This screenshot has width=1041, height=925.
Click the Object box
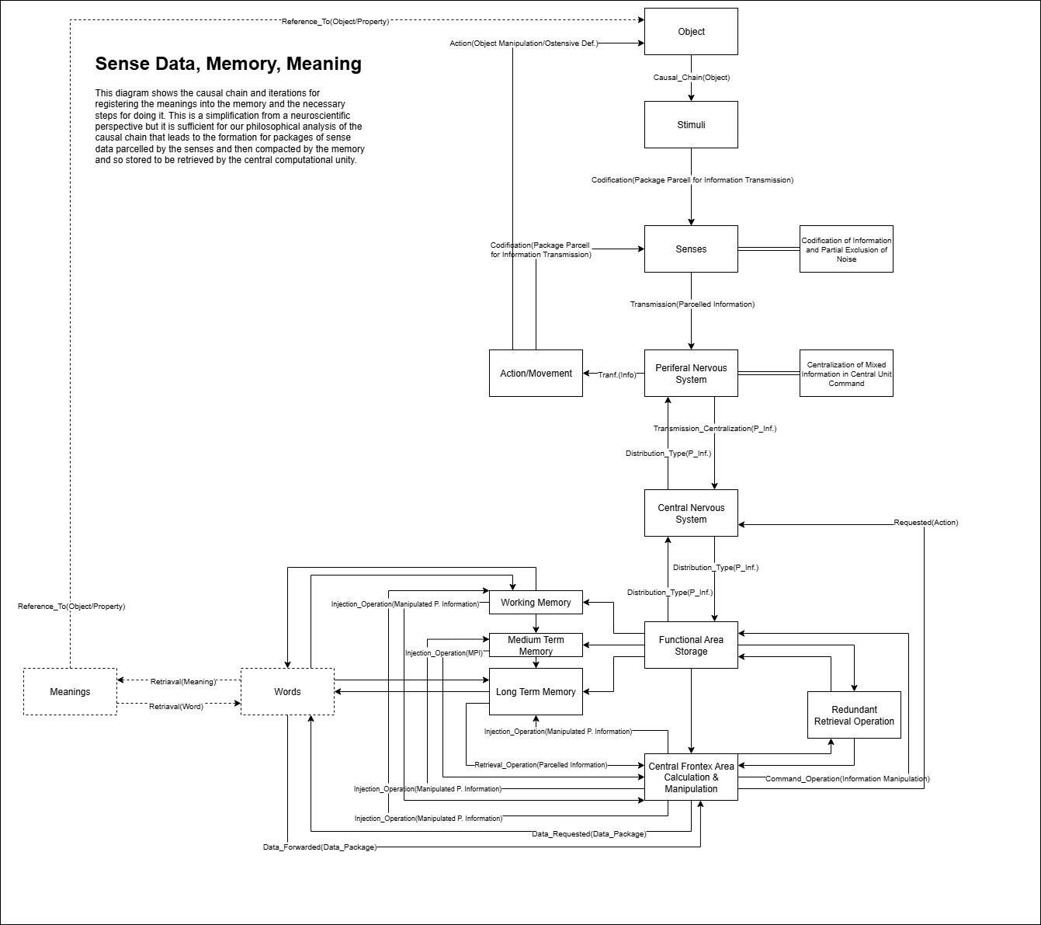click(x=691, y=32)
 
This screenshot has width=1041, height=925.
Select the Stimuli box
click(x=691, y=125)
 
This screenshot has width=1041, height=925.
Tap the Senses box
click(x=691, y=249)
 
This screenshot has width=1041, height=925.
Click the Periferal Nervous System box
click(x=691, y=374)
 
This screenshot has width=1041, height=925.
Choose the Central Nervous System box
click(x=691, y=513)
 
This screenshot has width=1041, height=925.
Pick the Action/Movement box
click(x=536, y=374)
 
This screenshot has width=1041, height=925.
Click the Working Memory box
click(x=536, y=603)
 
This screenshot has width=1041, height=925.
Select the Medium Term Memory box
click(x=536, y=645)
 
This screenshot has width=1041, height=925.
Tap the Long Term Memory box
click(x=536, y=692)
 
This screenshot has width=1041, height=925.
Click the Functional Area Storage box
click(x=691, y=645)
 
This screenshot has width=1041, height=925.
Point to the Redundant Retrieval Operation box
click(x=854, y=715)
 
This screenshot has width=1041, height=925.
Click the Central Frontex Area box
click(x=691, y=777)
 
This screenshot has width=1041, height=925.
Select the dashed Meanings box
click(x=70, y=692)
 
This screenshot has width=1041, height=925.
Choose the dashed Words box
click(x=287, y=692)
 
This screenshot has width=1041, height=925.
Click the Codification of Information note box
click(x=846, y=249)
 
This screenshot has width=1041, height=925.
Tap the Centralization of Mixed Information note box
click(x=846, y=374)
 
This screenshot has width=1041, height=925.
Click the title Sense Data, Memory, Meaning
click(x=228, y=64)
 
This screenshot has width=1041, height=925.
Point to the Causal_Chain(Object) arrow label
click(x=691, y=78)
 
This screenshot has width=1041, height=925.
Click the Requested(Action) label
click(x=925, y=523)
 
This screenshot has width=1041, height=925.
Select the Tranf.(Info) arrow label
click(x=617, y=375)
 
